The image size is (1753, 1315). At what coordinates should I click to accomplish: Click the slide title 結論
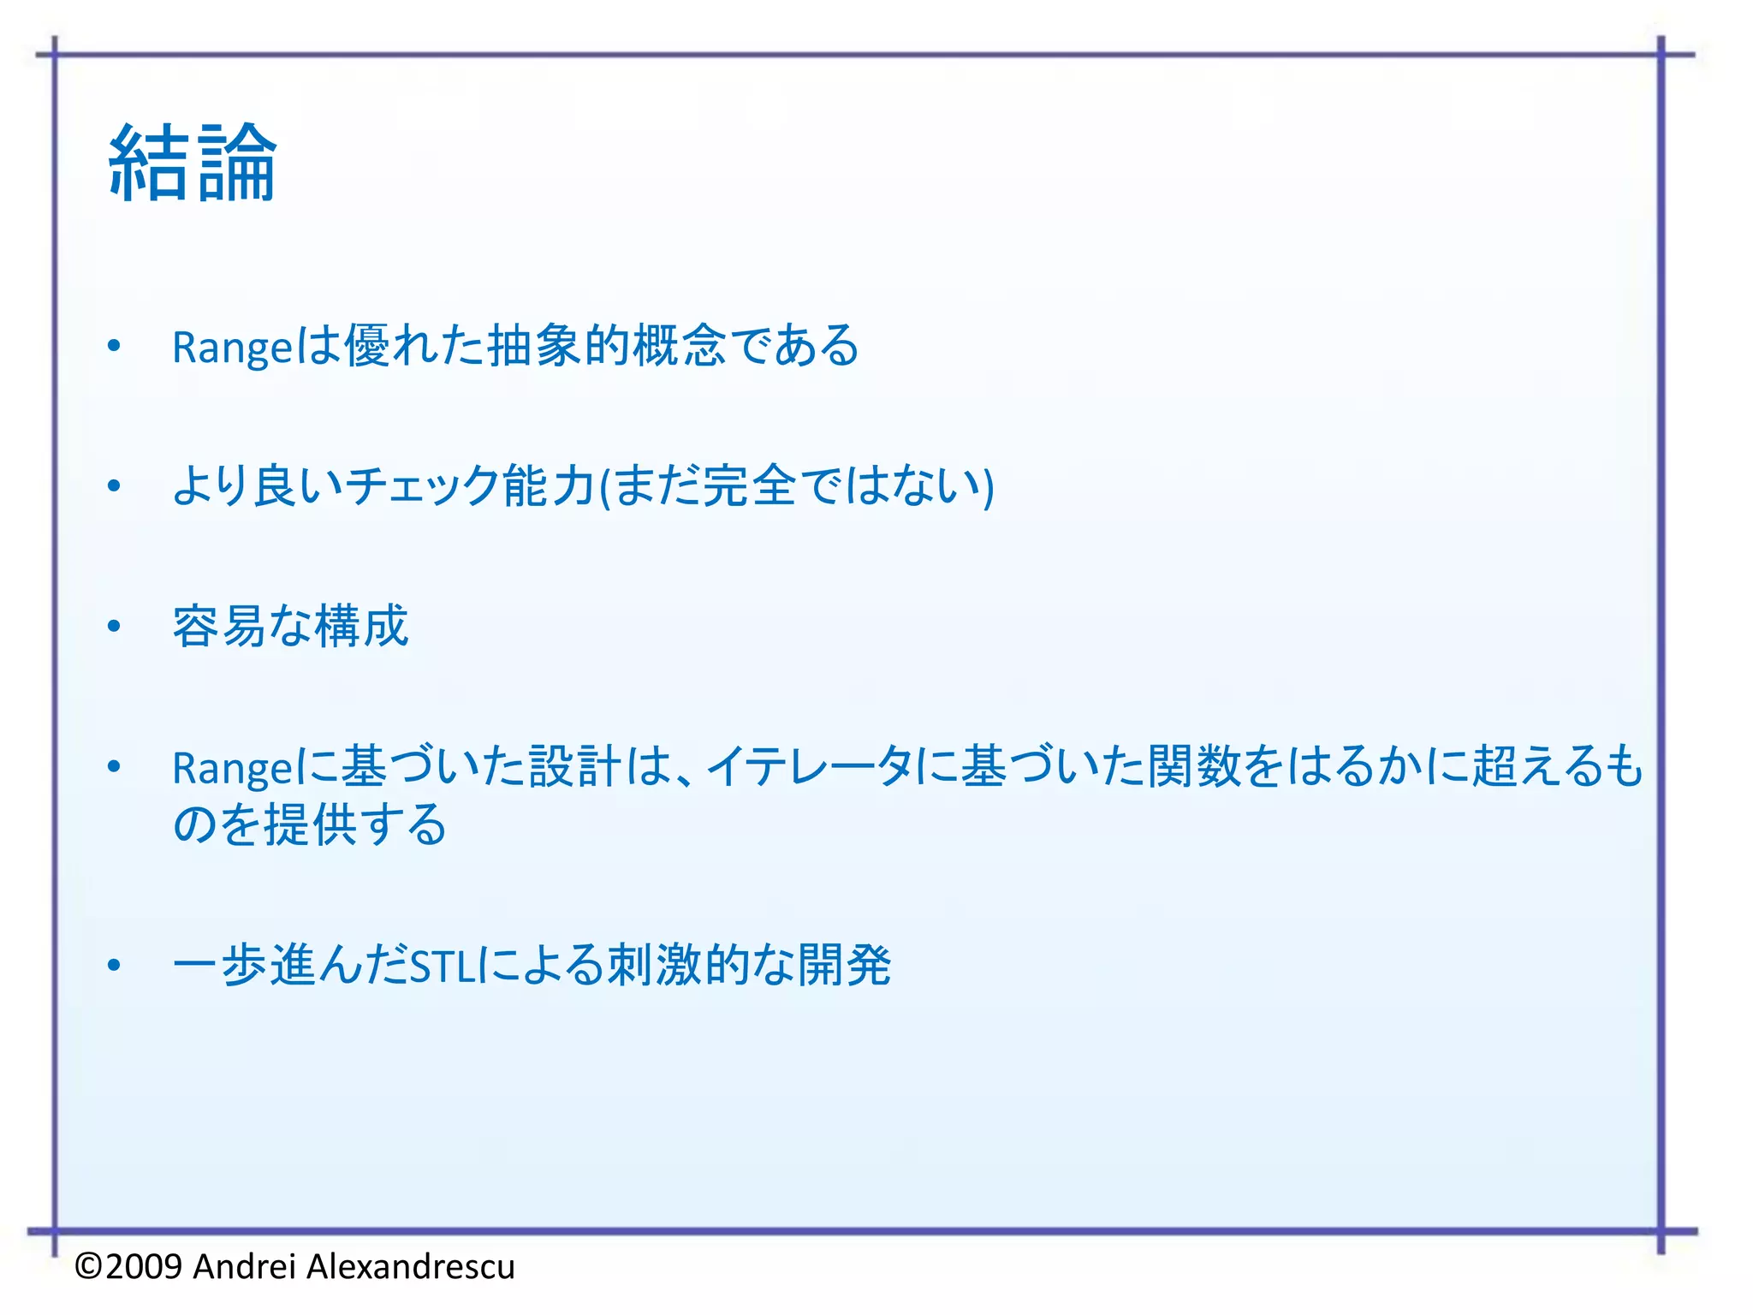click(x=193, y=163)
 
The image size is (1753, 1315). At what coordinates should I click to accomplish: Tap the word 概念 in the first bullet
click(x=680, y=346)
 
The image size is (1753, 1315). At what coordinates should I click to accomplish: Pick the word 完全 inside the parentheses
click(x=749, y=485)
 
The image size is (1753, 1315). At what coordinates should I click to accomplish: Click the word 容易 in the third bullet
click(x=219, y=626)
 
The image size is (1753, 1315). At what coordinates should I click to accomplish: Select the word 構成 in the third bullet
click(x=362, y=626)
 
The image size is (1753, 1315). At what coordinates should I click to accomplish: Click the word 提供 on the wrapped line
click(x=310, y=824)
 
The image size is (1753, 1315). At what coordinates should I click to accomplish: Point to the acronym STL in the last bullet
click(x=442, y=967)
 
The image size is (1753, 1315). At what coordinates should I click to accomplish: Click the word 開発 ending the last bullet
click(x=845, y=966)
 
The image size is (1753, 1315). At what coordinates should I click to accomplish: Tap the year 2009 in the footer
click(x=144, y=1266)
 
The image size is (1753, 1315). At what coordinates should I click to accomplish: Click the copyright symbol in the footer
click(x=89, y=1266)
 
